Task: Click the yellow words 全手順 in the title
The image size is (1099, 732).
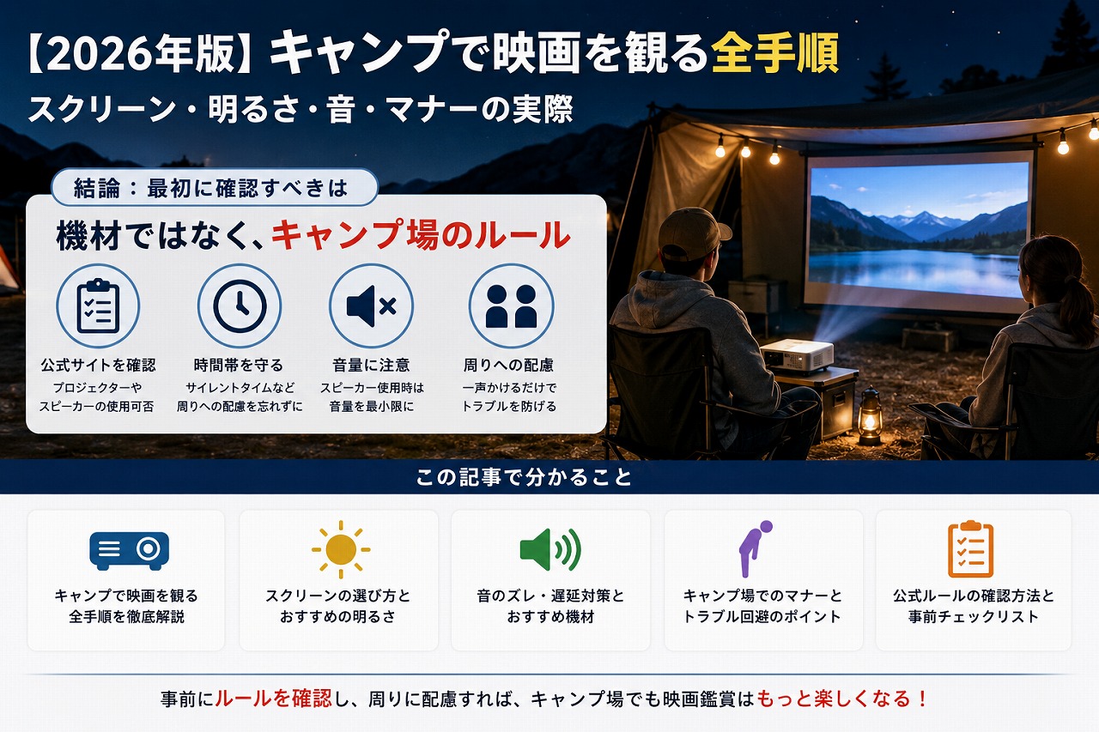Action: click(x=775, y=53)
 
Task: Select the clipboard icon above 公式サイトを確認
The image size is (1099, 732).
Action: click(x=98, y=306)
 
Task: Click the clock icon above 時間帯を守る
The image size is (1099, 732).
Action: click(x=240, y=306)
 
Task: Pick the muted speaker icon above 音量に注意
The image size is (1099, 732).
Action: click(x=372, y=306)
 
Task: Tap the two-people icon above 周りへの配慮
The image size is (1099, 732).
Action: click(x=511, y=306)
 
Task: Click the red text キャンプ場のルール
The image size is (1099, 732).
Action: click(x=421, y=235)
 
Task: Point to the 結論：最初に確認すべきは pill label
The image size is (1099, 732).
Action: click(x=215, y=187)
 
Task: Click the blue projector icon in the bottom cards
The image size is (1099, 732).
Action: click(x=129, y=550)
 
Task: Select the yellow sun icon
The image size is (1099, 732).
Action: click(x=341, y=549)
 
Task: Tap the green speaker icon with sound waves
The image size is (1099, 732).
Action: click(x=550, y=549)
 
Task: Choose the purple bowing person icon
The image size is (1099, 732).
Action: click(x=755, y=548)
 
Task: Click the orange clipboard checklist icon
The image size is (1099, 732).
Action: click(x=970, y=549)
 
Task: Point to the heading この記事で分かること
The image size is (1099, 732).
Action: click(x=524, y=477)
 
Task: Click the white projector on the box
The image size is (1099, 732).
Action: click(x=797, y=355)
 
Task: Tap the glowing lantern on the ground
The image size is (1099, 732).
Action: click(x=870, y=417)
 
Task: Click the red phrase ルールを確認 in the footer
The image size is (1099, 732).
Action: click(x=273, y=699)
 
